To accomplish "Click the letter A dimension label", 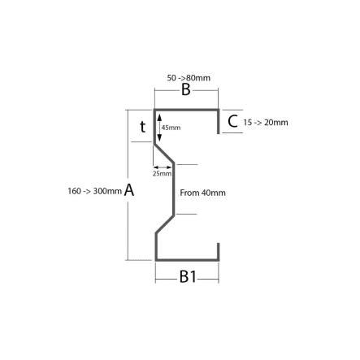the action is pyautogui.click(x=129, y=190).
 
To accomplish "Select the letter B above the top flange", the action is pyautogui.click(x=186, y=89).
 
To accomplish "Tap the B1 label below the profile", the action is pyautogui.click(x=188, y=277).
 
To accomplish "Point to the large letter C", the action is pyautogui.click(x=232, y=121).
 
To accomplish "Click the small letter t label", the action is pyautogui.click(x=143, y=127).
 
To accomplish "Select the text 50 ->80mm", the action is pyautogui.click(x=189, y=78).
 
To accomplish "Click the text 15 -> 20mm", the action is pyautogui.click(x=266, y=123).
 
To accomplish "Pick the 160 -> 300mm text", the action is pyautogui.click(x=94, y=191).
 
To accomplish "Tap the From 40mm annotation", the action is pyautogui.click(x=202, y=193).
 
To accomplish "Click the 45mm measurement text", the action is pyautogui.click(x=171, y=128).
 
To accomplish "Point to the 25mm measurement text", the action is pyautogui.click(x=162, y=173).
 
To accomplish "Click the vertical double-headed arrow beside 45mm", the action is pyautogui.click(x=159, y=128).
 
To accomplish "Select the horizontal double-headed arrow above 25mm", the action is pyautogui.click(x=163, y=167).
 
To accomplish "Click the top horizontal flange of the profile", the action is pyautogui.click(x=186, y=110).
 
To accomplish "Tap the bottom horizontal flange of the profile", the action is pyautogui.click(x=187, y=260).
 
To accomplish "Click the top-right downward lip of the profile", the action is pyautogui.click(x=218, y=122).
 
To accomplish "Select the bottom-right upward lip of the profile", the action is pyautogui.click(x=218, y=252).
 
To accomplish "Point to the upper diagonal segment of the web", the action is pyautogui.click(x=164, y=154).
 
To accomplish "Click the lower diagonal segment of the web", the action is pyautogui.click(x=165, y=224).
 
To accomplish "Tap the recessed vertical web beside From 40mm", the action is pyautogui.click(x=173, y=189).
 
